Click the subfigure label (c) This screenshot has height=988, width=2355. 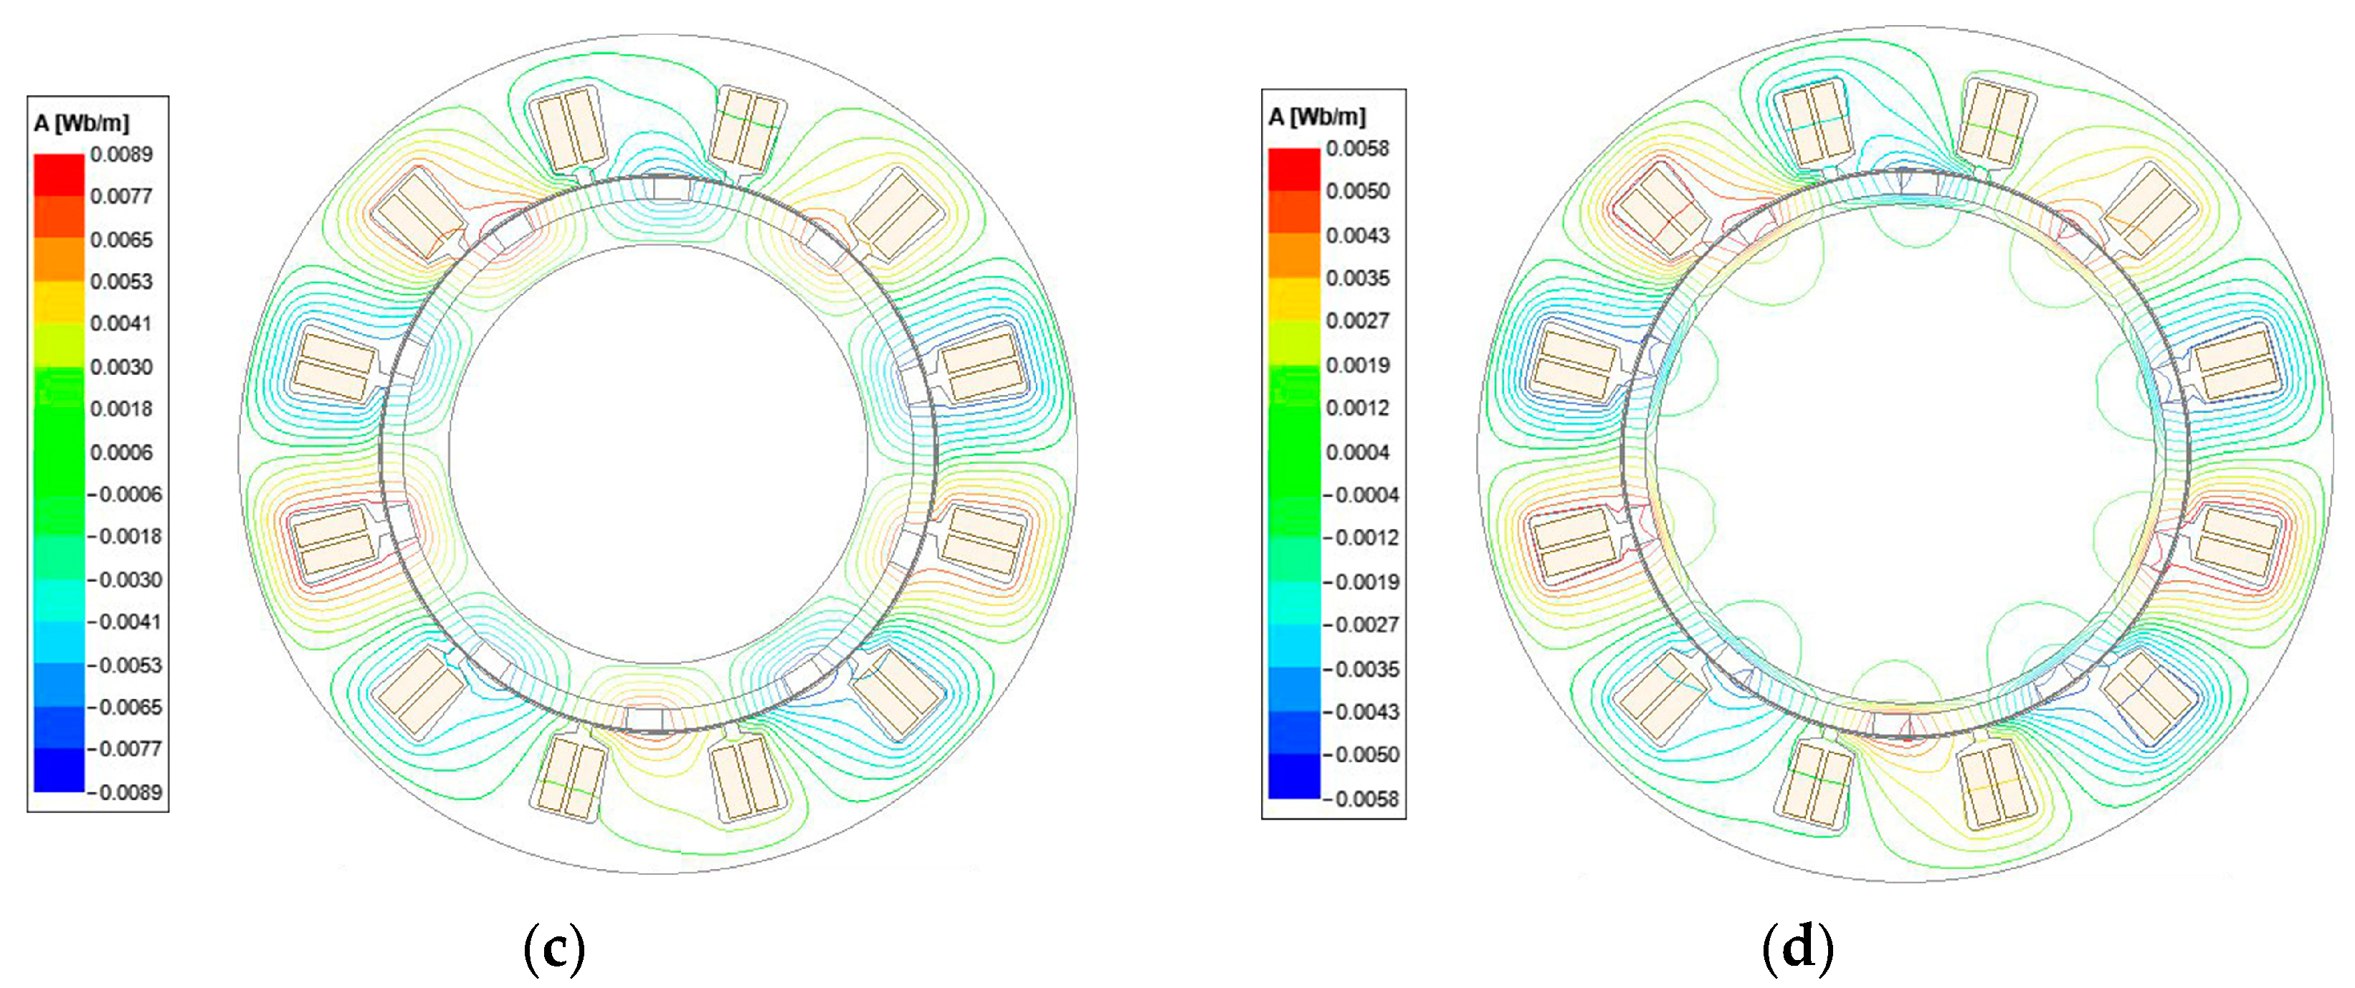coord(554,949)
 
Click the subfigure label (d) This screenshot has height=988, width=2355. coord(1797,949)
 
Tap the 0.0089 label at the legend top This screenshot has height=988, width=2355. coord(122,153)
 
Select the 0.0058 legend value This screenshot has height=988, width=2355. coord(1358,148)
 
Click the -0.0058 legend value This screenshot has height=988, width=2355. coord(1361,799)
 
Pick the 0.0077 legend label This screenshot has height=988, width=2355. coord(122,196)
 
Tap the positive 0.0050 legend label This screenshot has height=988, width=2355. coord(1358,191)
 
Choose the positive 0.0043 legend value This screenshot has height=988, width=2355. coord(1358,235)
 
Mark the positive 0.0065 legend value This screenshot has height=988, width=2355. coord(122,239)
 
